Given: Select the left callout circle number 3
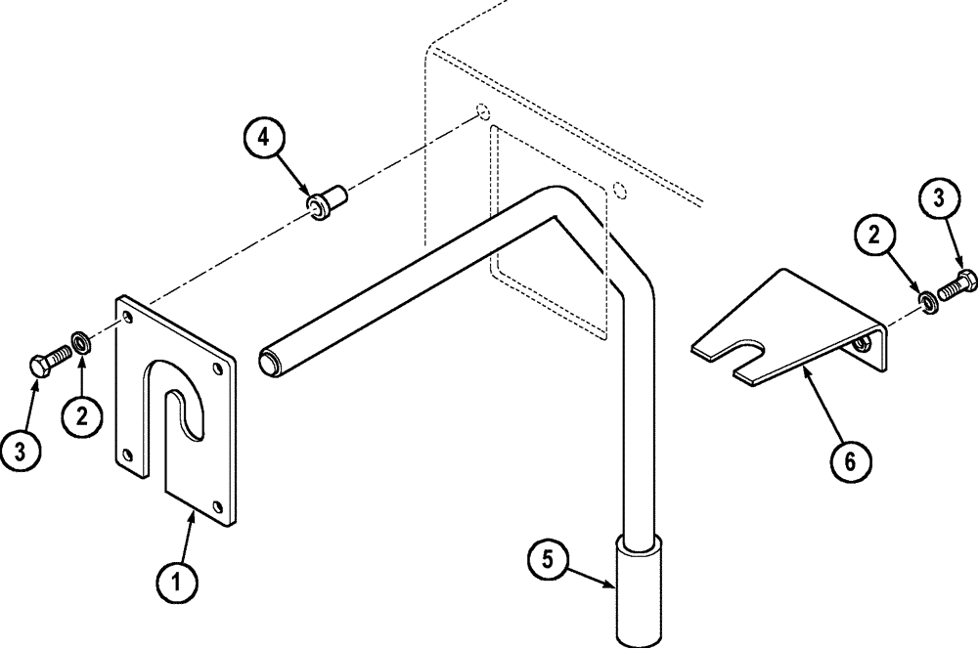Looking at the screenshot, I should click(24, 451).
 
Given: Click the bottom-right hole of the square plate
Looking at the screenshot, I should click(217, 505).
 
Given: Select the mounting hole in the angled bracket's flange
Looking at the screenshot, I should click(862, 345).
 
